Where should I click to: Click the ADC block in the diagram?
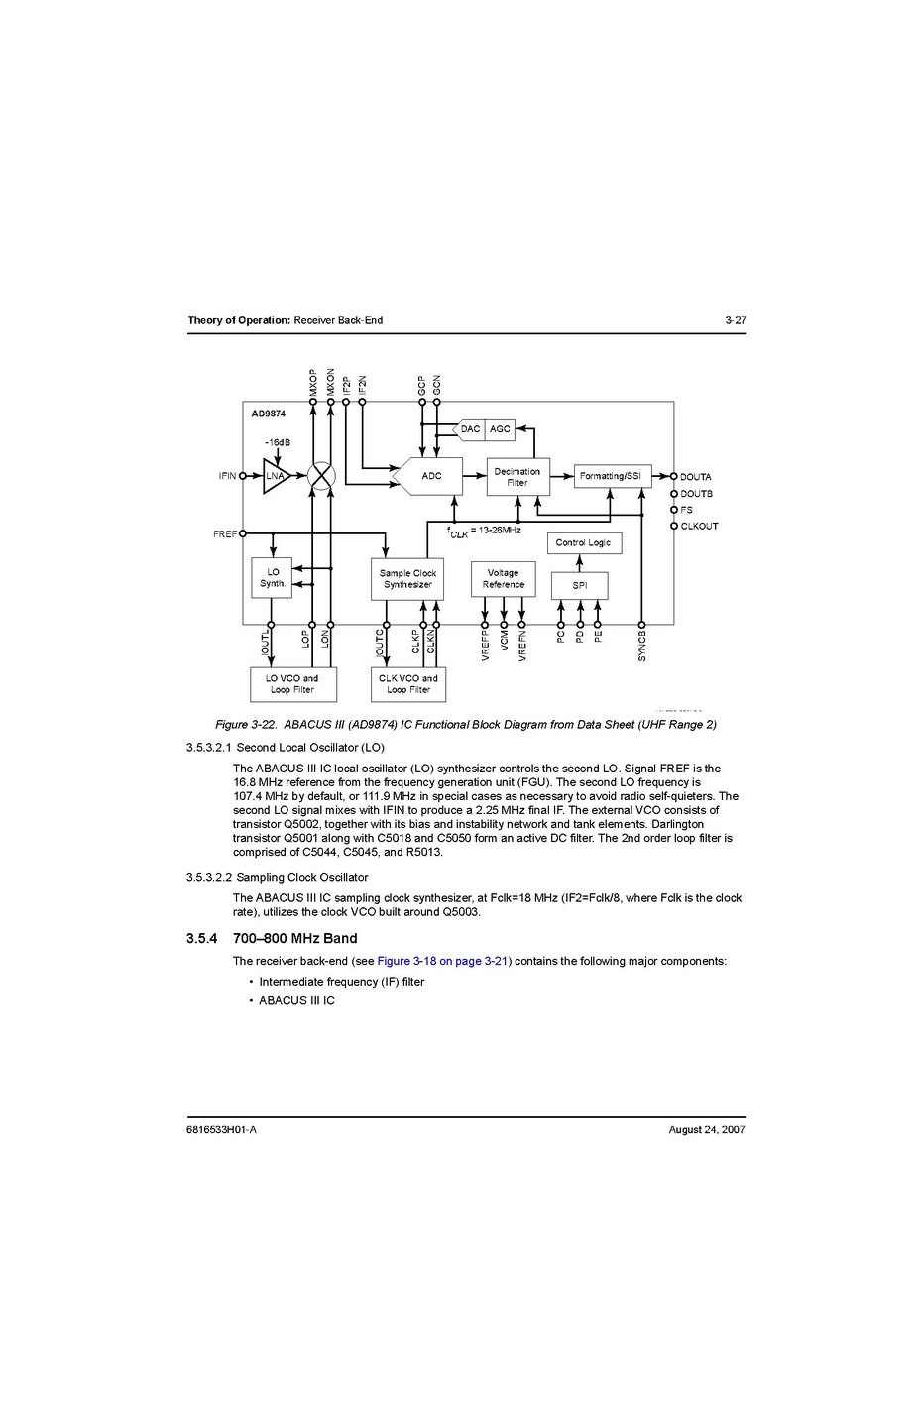pyautogui.click(x=430, y=476)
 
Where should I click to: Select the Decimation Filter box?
pyautogui.click(x=517, y=477)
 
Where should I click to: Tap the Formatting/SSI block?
pyautogui.click(x=612, y=476)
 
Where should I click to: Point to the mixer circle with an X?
pyautogui.click(x=321, y=476)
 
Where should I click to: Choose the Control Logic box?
pyautogui.click(x=584, y=543)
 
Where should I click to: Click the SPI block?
pyautogui.click(x=580, y=586)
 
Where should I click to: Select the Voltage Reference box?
pyautogui.click(x=503, y=579)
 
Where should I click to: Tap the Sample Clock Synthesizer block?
pyautogui.click(x=407, y=579)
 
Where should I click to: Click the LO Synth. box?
pyautogui.click(x=273, y=578)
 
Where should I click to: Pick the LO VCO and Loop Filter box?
pyautogui.click(x=292, y=684)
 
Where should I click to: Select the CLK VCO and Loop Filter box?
pyautogui.click(x=408, y=684)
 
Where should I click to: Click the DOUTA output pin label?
pyautogui.click(x=696, y=477)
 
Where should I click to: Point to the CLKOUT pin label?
pyautogui.click(x=700, y=526)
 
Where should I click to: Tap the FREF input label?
pyautogui.click(x=225, y=534)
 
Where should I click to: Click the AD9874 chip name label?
pyautogui.click(x=268, y=414)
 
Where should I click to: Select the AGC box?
pyautogui.click(x=500, y=429)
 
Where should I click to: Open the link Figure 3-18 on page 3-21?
pyautogui.click(x=442, y=961)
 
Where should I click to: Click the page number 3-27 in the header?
pyautogui.click(x=735, y=320)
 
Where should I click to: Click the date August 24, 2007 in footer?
pyautogui.click(x=707, y=1129)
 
